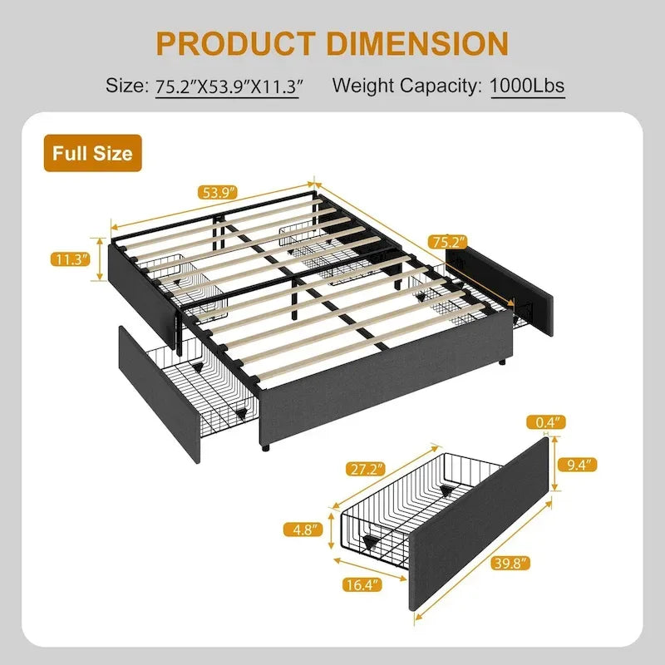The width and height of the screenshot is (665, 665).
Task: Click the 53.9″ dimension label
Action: tap(218, 193)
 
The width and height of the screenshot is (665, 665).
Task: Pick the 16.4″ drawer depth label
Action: tap(359, 584)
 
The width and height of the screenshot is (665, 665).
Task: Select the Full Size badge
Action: tap(92, 153)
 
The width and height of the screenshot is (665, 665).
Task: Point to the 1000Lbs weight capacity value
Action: tap(528, 85)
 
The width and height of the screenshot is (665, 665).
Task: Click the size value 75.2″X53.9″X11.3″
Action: tap(227, 85)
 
